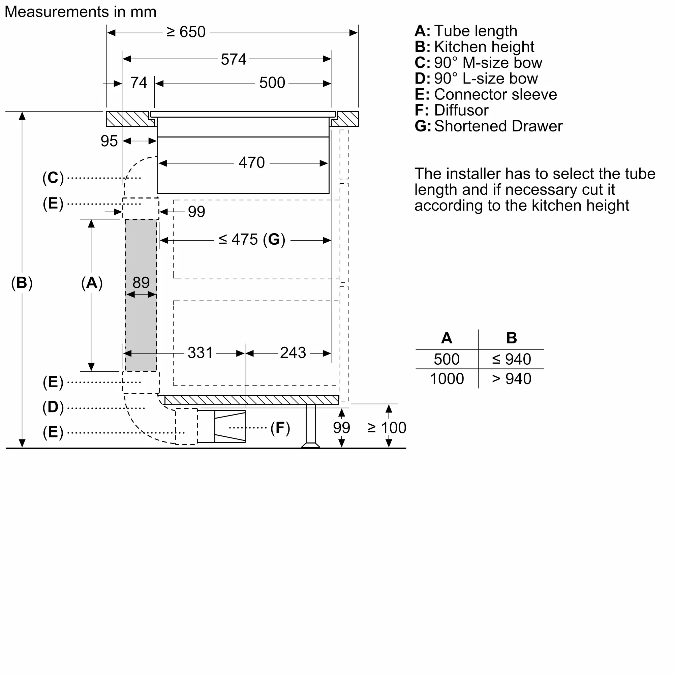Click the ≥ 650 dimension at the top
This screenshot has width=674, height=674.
coord(186,32)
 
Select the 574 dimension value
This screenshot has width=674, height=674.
coord(234,59)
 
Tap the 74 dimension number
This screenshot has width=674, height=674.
coord(139,83)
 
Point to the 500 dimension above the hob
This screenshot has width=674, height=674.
coord(272,83)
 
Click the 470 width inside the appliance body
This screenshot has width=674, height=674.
coord(251,163)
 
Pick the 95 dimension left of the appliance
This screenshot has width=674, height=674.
coord(109,141)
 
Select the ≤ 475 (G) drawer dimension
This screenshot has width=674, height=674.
coord(252,240)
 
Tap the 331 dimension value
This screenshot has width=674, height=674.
coord(200,353)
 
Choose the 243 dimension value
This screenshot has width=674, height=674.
coord(293,353)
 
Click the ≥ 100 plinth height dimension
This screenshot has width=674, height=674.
coord(387,428)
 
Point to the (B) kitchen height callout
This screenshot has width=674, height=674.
coord(22,283)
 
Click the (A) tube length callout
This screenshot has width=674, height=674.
coord(92,283)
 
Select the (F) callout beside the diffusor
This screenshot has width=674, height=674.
coord(280,428)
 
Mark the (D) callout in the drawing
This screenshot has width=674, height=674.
coord(53,407)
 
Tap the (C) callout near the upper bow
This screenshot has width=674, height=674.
coord(53,178)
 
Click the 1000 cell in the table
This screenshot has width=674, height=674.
coord(447,379)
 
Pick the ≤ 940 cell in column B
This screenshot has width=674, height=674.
coord(511,359)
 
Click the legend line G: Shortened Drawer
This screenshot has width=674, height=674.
coord(488,126)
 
